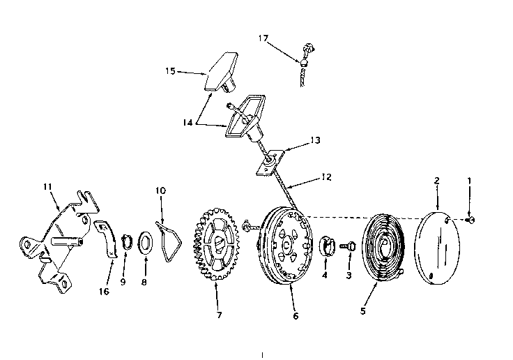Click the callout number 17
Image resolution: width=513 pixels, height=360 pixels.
[x=263, y=38]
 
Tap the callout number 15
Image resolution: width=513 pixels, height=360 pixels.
[x=171, y=70]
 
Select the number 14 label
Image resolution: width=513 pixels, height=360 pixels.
[x=187, y=123]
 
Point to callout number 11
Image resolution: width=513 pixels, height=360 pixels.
[x=48, y=186]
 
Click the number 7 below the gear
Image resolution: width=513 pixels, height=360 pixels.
[x=219, y=315]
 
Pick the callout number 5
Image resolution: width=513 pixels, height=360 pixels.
[x=363, y=310]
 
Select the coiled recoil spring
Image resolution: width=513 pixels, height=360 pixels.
[x=384, y=248]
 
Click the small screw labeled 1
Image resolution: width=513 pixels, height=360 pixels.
[x=470, y=220]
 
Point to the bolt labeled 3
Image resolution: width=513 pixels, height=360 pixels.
[x=348, y=246]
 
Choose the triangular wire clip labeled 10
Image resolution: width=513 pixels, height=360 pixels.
[x=169, y=242]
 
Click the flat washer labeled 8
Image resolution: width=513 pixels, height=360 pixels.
[x=146, y=242]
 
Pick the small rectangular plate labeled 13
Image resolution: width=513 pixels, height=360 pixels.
[x=270, y=161]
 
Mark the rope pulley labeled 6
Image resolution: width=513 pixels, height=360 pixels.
[x=284, y=246]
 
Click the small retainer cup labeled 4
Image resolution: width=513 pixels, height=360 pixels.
[x=326, y=246]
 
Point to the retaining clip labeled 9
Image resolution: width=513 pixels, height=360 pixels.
[x=128, y=242]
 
